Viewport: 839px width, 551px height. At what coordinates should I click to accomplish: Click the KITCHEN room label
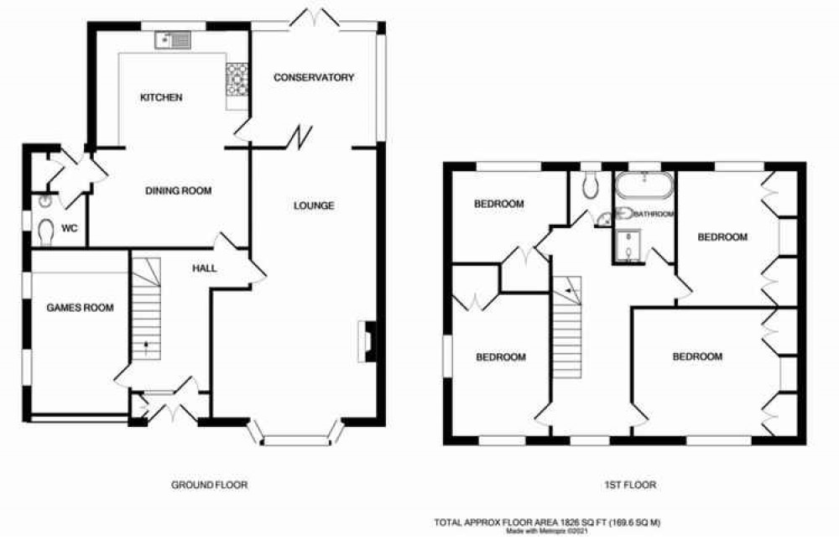pyautogui.click(x=161, y=97)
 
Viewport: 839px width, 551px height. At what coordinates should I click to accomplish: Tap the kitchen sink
pyautogui.click(x=173, y=39)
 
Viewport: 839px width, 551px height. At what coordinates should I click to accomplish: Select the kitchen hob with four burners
pyautogui.click(x=237, y=80)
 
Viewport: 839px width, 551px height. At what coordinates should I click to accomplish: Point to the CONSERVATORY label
pyautogui.click(x=314, y=77)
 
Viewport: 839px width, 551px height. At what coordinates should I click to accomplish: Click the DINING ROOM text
pyautogui.click(x=179, y=190)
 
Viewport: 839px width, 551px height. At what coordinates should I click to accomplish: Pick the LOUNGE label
pyautogui.click(x=314, y=205)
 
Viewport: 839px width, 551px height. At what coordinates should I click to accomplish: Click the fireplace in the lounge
pyautogui.click(x=367, y=341)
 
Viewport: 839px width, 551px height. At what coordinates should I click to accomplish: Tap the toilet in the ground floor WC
pyautogui.click(x=46, y=232)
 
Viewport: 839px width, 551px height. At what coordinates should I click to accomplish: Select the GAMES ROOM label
pyautogui.click(x=81, y=308)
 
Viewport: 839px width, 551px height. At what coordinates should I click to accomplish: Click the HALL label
pyautogui.click(x=205, y=268)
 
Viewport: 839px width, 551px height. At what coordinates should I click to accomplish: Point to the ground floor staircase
pyautogui.click(x=146, y=309)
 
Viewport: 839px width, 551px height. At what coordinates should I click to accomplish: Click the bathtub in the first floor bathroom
pyautogui.click(x=644, y=185)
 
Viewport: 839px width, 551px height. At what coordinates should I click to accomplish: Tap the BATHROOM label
pyautogui.click(x=654, y=214)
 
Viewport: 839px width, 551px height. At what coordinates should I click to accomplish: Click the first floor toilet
pyautogui.click(x=591, y=185)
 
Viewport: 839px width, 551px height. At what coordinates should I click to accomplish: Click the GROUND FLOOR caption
pyautogui.click(x=210, y=486)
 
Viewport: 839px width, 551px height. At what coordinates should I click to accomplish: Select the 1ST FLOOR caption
pyautogui.click(x=630, y=486)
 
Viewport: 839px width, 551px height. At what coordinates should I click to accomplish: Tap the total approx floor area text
pyautogui.click(x=547, y=522)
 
